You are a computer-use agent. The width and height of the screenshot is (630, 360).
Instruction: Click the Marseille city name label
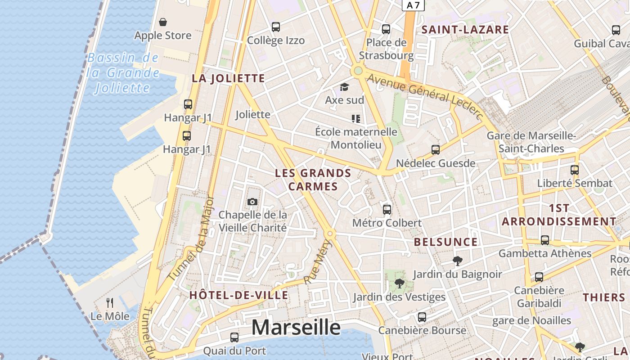click(x=296, y=327)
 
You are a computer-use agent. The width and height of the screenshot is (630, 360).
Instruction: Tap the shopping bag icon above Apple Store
click(x=163, y=22)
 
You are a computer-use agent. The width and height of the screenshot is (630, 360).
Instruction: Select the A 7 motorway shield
click(x=413, y=5)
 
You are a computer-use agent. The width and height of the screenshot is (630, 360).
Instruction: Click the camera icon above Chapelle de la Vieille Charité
click(x=252, y=202)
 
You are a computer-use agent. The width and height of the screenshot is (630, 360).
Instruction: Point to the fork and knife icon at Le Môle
click(x=110, y=302)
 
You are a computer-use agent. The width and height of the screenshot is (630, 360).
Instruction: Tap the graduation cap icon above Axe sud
click(x=344, y=87)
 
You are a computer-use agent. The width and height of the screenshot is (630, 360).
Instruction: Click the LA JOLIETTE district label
click(x=228, y=78)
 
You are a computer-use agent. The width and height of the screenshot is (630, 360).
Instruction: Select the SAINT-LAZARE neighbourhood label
click(x=465, y=30)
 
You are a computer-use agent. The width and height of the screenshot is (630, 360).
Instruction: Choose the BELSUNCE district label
click(x=445, y=242)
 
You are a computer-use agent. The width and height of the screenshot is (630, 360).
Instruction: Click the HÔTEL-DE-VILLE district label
click(x=238, y=295)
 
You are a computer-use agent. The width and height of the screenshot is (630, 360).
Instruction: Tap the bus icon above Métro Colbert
click(x=387, y=209)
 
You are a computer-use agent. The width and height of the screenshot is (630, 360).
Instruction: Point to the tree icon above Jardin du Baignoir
click(x=457, y=261)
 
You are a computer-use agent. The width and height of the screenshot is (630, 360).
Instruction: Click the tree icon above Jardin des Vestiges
click(x=399, y=283)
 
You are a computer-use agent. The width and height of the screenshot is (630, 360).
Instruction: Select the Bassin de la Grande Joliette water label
click(x=123, y=72)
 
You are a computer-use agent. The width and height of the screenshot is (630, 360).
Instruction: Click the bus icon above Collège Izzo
click(x=276, y=27)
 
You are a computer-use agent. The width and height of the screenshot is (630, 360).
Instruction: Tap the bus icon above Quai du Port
click(x=234, y=337)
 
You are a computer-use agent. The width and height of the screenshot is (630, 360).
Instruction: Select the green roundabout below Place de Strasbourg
click(x=358, y=71)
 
